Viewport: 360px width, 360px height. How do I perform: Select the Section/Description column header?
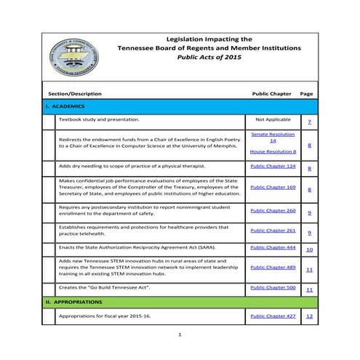(75, 94)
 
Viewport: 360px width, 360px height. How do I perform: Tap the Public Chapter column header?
(271, 94)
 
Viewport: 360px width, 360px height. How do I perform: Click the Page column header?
(306, 94)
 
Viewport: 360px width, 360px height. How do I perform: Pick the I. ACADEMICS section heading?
(65, 106)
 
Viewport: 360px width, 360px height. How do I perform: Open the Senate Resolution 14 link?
(273, 137)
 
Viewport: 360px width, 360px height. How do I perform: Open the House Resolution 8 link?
(273, 151)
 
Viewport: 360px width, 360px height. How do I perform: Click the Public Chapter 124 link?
(273, 167)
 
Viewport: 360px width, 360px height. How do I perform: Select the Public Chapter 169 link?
(273, 187)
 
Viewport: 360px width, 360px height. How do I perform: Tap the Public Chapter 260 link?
(273, 210)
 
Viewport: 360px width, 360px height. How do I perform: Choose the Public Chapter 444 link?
(273, 247)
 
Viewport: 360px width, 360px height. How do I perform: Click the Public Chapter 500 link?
(273, 288)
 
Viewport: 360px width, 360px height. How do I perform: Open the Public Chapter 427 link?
(273, 316)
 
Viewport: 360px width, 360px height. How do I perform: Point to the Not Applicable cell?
(273, 119)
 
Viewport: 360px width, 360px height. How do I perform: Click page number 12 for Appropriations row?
(309, 317)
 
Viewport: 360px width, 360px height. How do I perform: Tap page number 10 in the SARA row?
(309, 250)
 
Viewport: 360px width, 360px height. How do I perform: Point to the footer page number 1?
(180, 335)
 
